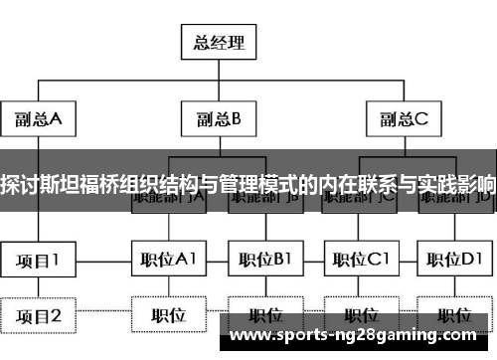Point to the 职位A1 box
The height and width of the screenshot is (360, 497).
coord(167,260)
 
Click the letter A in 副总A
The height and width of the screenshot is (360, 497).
coord(56,120)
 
